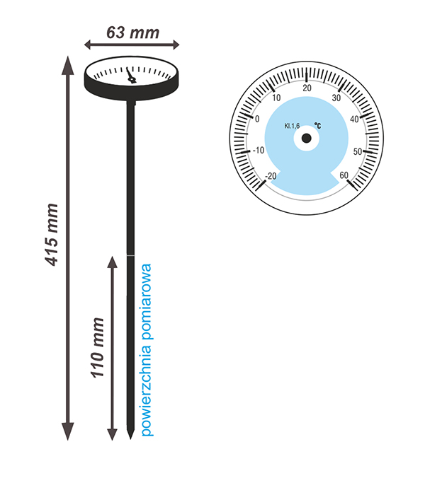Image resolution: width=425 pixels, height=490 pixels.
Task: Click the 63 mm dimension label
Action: click(x=132, y=32)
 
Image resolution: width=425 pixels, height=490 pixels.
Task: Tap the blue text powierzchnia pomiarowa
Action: click(x=147, y=349)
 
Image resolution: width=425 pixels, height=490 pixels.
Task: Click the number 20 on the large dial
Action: click(x=306, y=88)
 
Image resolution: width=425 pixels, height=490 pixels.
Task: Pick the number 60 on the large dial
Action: click(x=344, y=176)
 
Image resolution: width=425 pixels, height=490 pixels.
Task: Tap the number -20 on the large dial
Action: click(x=268, y=176)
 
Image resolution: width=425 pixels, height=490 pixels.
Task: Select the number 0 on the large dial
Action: click(x=256, y=118)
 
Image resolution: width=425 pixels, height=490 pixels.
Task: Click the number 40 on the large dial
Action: click(x=355, y=119)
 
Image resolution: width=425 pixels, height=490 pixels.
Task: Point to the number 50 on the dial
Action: click(x=358, y=151)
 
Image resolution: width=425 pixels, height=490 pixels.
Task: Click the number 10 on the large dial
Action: click(x=276, y=98)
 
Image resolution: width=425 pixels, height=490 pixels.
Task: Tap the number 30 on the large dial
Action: click(x=336, y=98)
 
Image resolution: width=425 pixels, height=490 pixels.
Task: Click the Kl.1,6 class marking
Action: click(x=292, y=126)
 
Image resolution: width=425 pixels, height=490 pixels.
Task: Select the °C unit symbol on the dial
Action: click(x=318, y=126)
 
